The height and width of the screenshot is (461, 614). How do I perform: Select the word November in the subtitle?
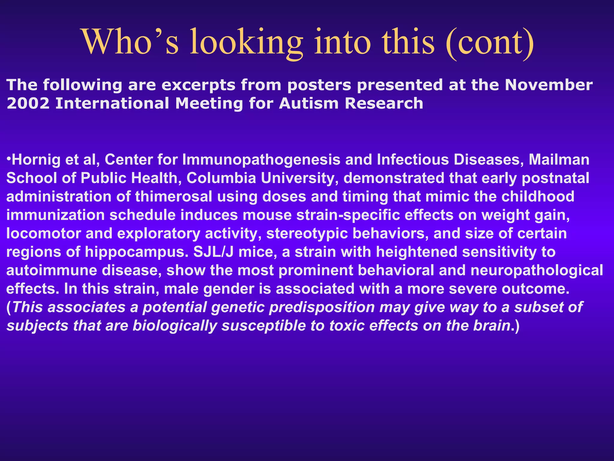[x=549, y=85]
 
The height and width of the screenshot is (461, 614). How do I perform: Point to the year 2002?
[x=28, y=104]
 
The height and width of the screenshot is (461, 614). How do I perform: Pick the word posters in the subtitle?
[x=319, y=86]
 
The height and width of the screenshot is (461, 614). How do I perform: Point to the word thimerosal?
[x=174, y=197]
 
